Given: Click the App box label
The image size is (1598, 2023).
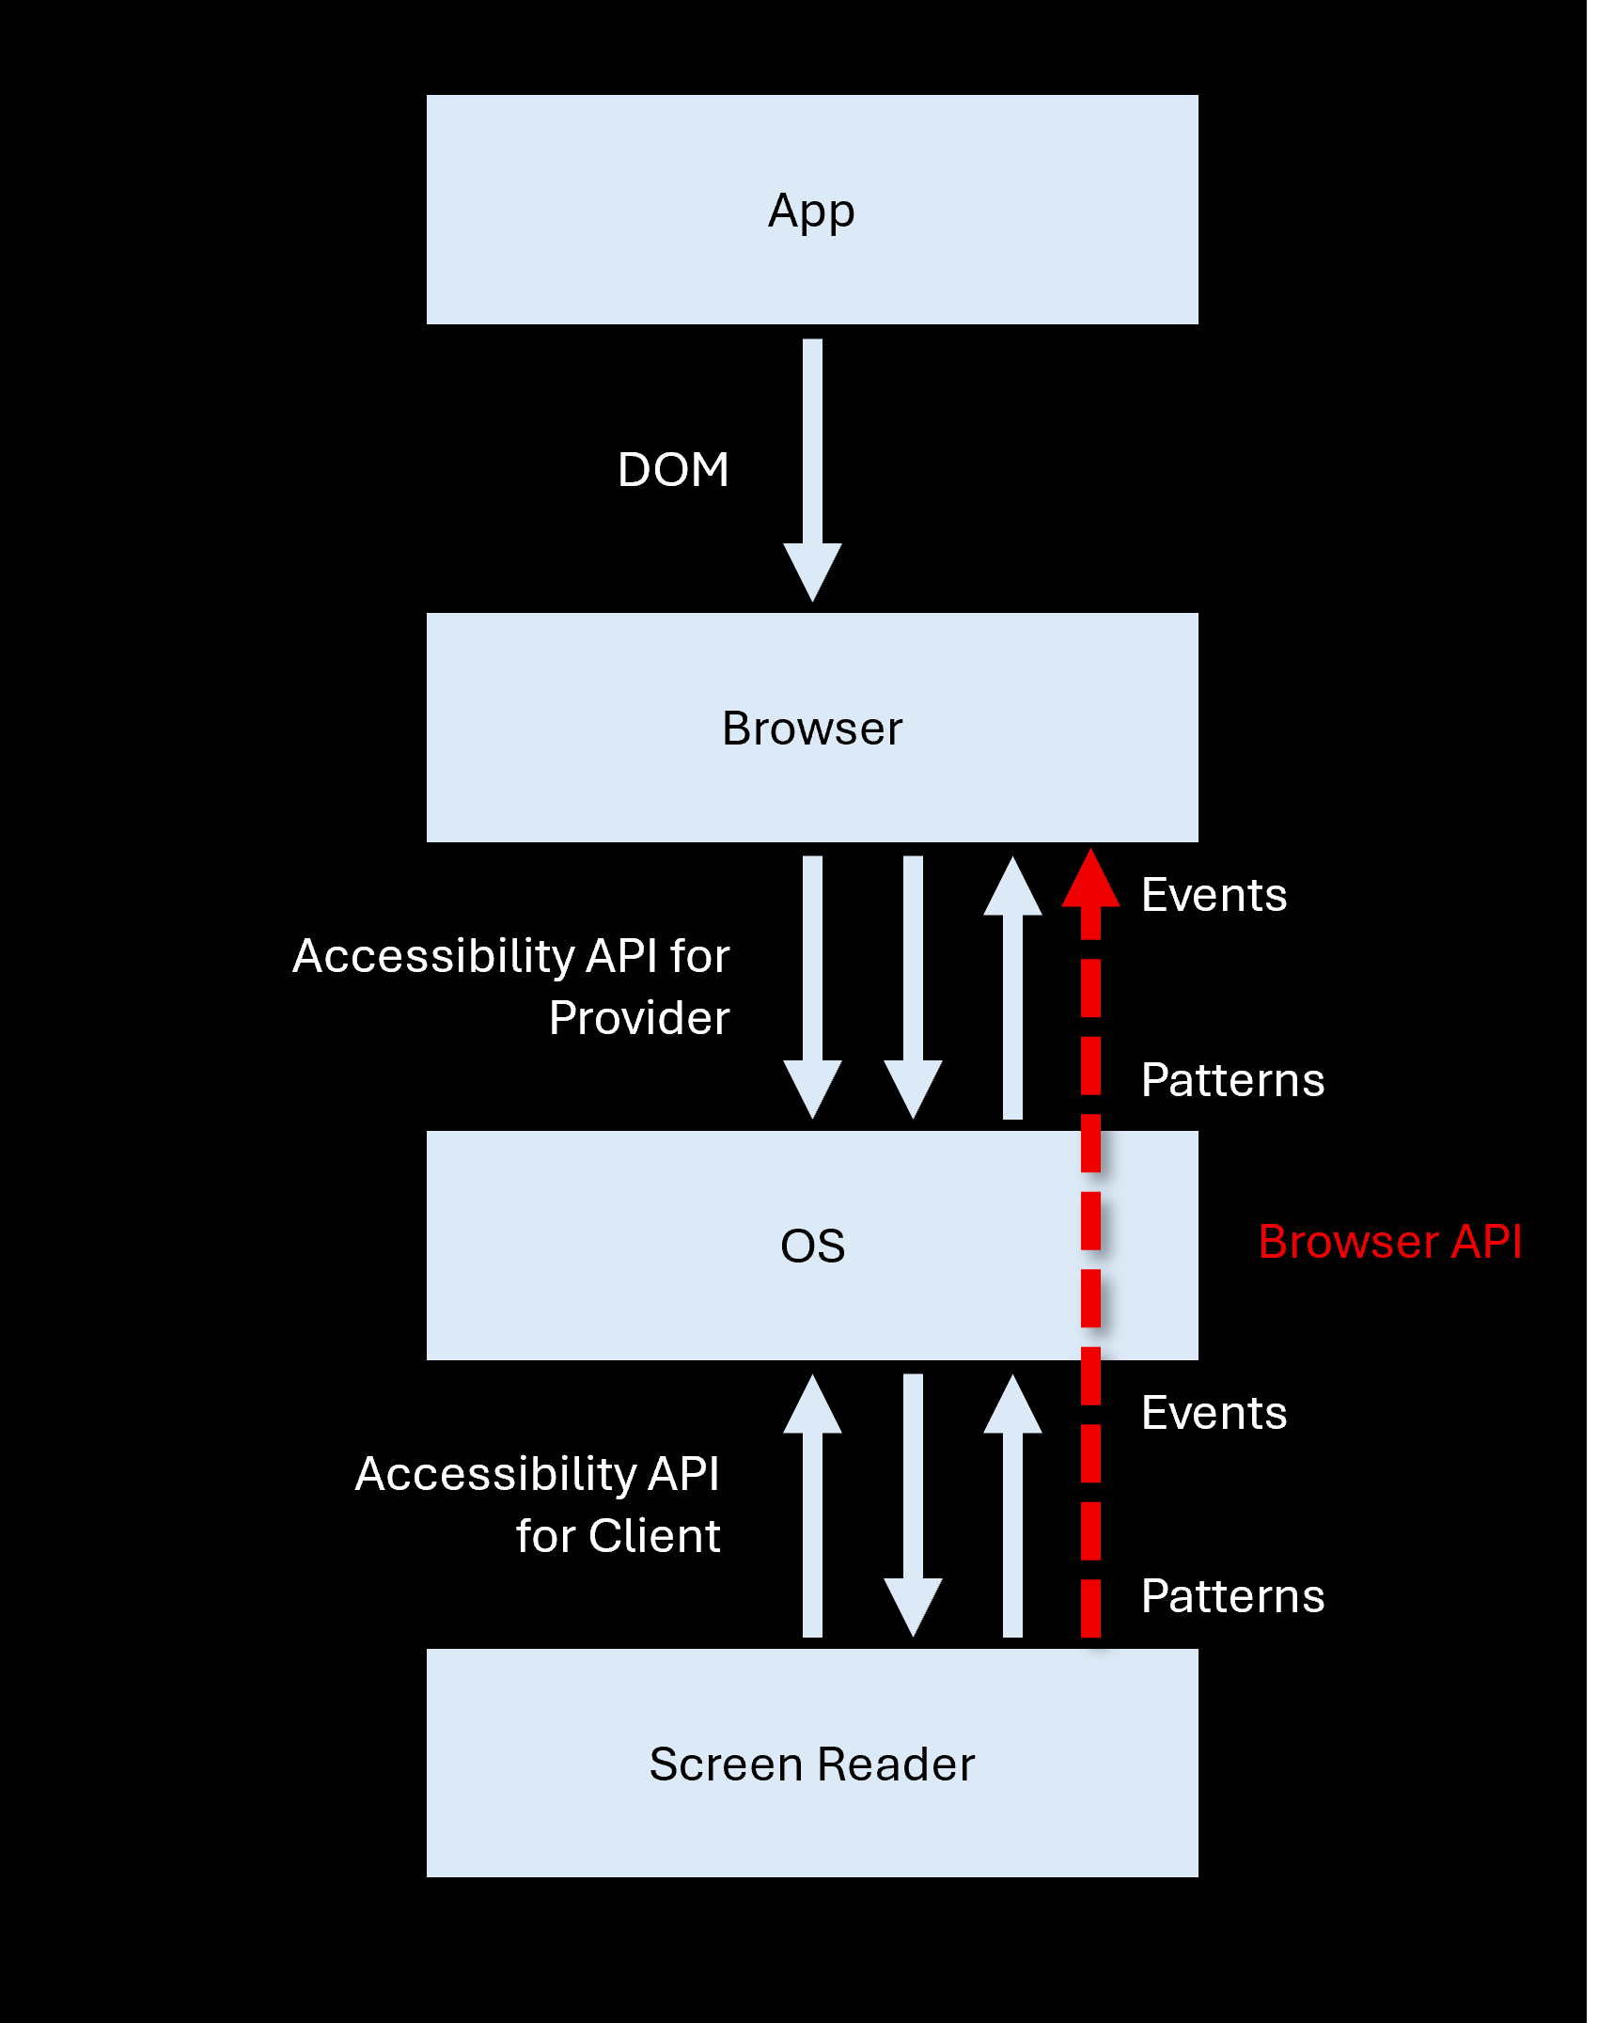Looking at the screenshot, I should (x=811, y=212).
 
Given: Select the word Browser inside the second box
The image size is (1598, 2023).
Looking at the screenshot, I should (x=811, y=729).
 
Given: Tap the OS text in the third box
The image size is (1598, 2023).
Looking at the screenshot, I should (x=812, y=1247).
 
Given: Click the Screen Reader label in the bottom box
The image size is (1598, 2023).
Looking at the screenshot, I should (x=811, y=1764).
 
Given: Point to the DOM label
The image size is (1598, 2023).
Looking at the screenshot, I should (x=673, y=469).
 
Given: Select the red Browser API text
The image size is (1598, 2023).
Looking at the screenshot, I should (x=1389, y=1242).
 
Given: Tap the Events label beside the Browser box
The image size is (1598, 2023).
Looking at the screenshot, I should (x=1214, y=895).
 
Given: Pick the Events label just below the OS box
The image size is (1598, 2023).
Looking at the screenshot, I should (x=1214, y=1413).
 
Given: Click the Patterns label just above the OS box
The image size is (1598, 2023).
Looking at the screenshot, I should (x=1232, y=1080).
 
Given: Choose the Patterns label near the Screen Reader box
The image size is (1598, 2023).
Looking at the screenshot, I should (x=1232, y=1596).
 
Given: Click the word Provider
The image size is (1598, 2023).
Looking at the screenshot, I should (x=639, y=1018).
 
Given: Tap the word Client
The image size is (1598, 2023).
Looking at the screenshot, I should (x=654, y=1537).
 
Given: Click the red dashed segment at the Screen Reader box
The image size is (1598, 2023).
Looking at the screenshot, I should (x=1090, y=1609).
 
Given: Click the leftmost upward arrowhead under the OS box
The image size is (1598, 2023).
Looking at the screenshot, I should (x=812, y=1405).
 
